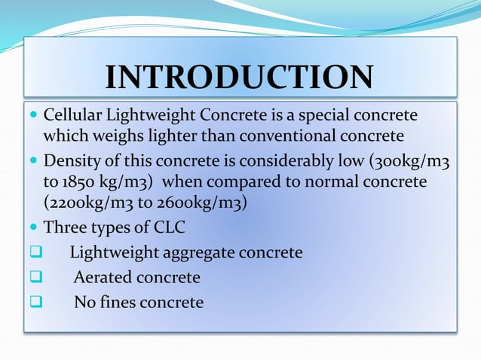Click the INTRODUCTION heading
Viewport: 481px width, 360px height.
(x=239, y=77)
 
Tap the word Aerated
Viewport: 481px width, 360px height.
(x=102, y=278)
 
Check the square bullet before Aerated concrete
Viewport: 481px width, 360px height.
(x=35, y=278)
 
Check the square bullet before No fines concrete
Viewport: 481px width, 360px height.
(x=35, y=303)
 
